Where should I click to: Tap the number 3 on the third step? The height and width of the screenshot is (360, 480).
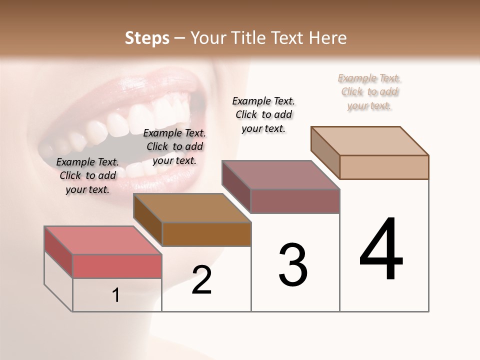292,264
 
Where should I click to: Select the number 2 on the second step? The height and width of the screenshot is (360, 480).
201,280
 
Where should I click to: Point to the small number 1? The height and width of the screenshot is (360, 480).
116,295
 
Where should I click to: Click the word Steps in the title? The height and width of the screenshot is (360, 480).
147,38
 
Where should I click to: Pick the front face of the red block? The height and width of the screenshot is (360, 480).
117,266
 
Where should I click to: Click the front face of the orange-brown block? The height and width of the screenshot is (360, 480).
206,234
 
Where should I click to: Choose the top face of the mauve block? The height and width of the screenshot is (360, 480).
280,175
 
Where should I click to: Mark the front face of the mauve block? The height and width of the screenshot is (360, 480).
295,201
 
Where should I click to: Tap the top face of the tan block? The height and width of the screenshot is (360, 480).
369,140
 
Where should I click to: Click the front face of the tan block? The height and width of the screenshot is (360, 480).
384,167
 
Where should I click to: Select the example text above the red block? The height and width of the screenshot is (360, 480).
87,175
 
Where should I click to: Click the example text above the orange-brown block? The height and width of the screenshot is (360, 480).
174,146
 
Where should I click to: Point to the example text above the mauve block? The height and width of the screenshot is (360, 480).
263,114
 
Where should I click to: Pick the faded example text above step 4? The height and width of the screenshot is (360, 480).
369,91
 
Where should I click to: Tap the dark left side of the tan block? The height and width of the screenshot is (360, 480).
325,152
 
